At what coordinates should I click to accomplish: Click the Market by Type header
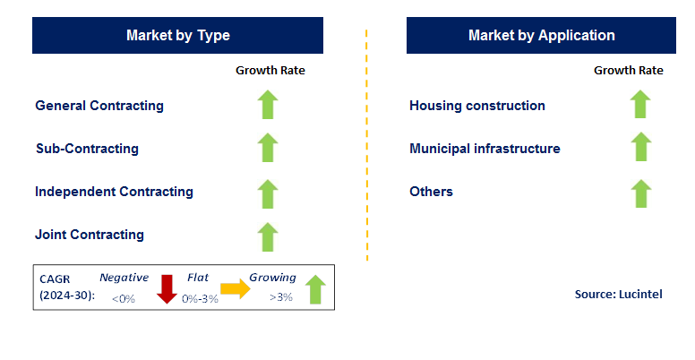pos(178,36)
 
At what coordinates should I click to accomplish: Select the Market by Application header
pos(541,36)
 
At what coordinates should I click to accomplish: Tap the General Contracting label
pos(99,106)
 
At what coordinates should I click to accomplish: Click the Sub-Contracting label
pos(87,149)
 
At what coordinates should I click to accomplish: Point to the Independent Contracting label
pos(114,192)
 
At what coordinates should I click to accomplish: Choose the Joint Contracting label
pos(90,235)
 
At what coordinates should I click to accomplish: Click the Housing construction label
pos(476,106)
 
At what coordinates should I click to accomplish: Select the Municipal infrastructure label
pos(485,149)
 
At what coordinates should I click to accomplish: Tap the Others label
pos(431,192)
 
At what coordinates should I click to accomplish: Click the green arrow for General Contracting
pos(267,105)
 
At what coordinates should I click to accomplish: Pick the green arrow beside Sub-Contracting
pos(267,148)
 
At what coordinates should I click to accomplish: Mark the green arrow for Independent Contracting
pos(267,193)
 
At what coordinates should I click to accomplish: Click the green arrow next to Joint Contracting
pos(267,236)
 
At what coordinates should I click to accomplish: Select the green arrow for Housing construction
pos(639,104)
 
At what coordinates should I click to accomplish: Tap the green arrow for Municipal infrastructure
pos(639,147)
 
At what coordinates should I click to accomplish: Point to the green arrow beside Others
pos(639,193)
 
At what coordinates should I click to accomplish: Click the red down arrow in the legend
pos(167,289)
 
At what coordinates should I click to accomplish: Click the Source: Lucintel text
pos(618,294)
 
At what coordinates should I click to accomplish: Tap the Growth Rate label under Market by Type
pos(270,70)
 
